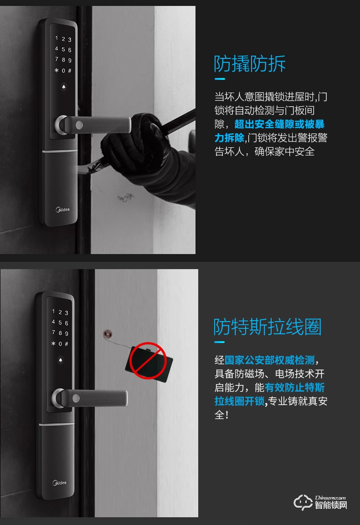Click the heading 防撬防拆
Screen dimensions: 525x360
[x=250, y=64]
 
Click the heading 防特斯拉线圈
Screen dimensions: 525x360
[x=267, y=327]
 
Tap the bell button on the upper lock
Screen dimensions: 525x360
[x=62, y=88]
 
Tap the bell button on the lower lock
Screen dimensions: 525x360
[x=61, y=361]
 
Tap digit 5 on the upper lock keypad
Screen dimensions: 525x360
[x=63, y=49]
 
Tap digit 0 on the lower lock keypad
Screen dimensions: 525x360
[x=60, y=344]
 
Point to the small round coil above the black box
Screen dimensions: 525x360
[x=108, y=333]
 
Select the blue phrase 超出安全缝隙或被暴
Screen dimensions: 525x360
[x=279, y=124]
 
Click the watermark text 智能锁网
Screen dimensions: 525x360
[x=331, y=505]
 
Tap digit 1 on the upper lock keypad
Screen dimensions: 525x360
[x=57, y=39]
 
